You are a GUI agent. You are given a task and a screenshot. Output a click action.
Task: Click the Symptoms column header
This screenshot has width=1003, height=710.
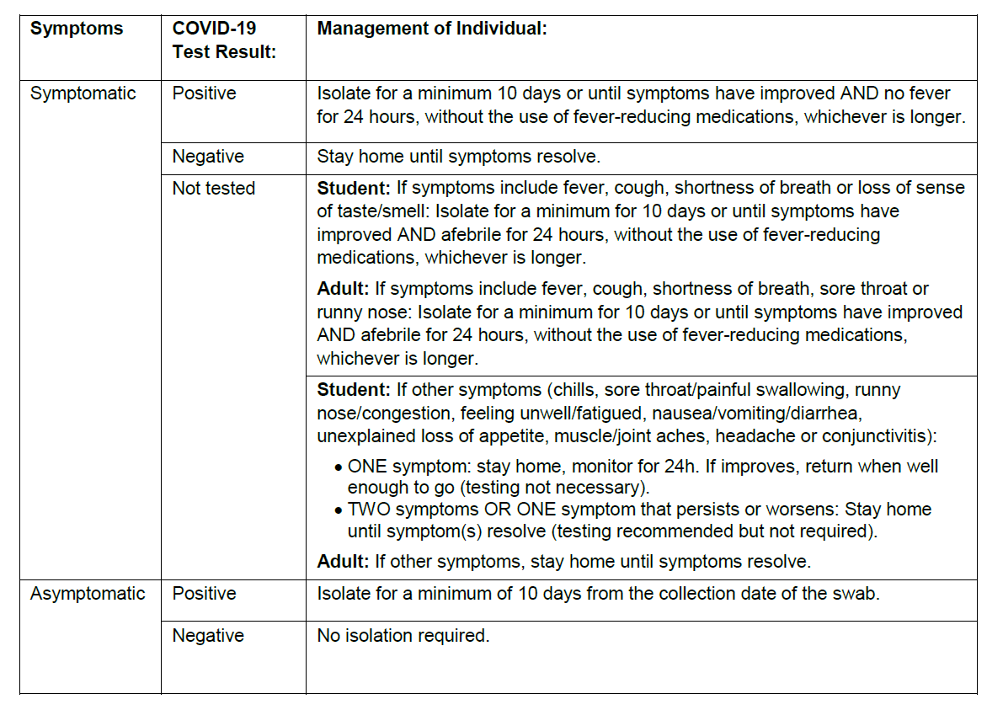tap(76, 29)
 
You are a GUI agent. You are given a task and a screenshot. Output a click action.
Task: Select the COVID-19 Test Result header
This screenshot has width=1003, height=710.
tap(224, 40)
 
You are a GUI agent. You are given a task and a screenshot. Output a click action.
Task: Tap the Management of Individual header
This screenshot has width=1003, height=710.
tap(432, 29)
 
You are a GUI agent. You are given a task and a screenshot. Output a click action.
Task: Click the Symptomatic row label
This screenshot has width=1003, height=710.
tap(83, 93)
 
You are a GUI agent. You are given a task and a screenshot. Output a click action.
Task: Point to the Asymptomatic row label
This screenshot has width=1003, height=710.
tap(88, 594)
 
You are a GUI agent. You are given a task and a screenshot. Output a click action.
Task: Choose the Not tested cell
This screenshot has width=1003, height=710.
tap(213, 189)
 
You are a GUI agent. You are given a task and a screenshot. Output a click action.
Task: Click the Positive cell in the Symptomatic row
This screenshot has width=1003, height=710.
tap(205, 93)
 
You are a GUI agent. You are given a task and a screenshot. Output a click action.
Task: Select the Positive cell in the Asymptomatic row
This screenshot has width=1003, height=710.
tap(205, 594)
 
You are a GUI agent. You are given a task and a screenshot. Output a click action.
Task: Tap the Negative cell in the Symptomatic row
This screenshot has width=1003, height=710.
tap(208, 157)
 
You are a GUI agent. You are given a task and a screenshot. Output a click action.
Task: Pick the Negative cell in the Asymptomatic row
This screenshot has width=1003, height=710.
tap(208, 636)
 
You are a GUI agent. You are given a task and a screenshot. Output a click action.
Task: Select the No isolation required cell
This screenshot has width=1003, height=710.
tap(403, 636)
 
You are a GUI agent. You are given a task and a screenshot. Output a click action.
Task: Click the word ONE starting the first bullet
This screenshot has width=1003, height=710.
tap(367, 467)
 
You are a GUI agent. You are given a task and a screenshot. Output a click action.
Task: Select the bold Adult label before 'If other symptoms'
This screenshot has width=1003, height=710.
tap(343, 561)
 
